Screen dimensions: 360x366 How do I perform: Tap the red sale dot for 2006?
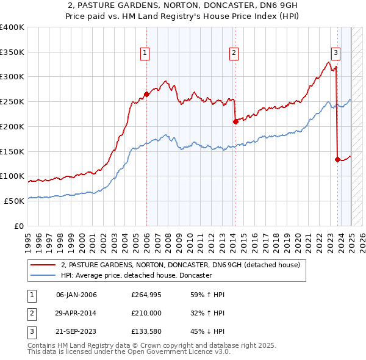[146, 94]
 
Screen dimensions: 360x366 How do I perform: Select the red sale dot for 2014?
[235, 121]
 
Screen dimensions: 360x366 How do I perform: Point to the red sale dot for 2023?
[337, 159]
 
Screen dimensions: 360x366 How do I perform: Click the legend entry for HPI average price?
[135, 276]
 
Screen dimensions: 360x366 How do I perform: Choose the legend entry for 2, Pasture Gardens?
[180, 265]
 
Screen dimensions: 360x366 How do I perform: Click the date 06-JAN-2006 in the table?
[76, 295]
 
